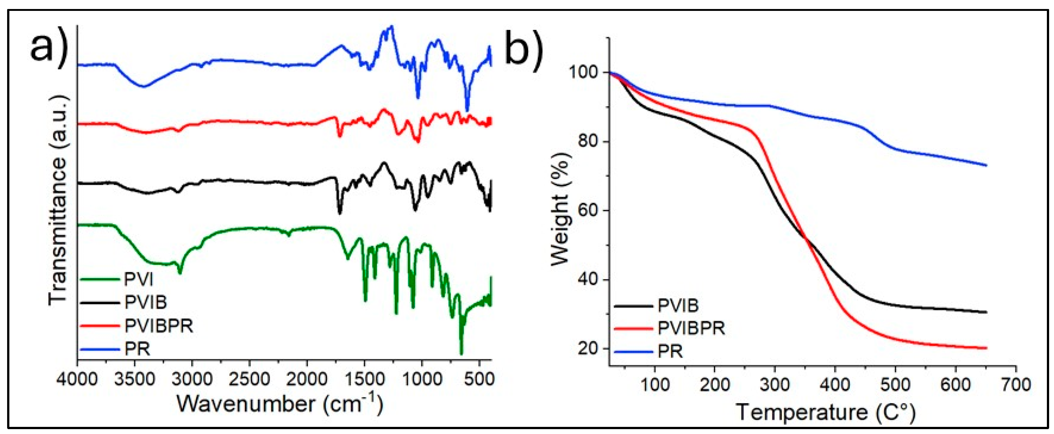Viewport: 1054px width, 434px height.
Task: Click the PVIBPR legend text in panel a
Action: point(158,326)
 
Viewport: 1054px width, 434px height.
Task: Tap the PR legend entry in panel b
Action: point(670,351)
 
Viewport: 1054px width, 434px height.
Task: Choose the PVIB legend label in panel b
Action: point(678,305)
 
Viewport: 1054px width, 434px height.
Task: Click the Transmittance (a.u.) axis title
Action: point(57,201)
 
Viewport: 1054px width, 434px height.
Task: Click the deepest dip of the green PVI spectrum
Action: point(461,354)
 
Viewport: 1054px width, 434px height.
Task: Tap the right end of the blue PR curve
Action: point(987,165)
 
